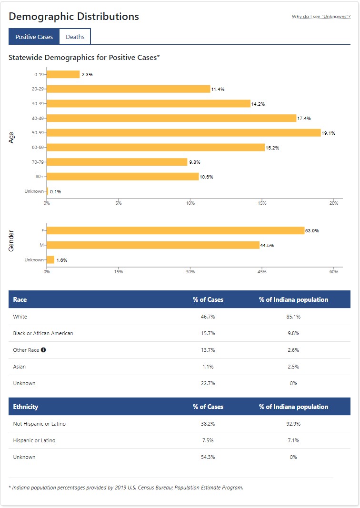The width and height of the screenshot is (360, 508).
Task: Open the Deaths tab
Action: [x=75, y=37]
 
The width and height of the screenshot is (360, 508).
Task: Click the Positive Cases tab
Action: [x=34, y=37]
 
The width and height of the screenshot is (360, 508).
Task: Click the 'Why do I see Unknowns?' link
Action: [x=321, y=17]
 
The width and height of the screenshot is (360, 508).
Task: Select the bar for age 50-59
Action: [x=183, y=133]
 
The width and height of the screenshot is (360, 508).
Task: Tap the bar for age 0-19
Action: [x=63, y=75]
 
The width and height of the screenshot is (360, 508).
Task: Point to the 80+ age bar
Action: [x=122, y=177]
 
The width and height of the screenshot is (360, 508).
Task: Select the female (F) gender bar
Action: [x=175, y=230]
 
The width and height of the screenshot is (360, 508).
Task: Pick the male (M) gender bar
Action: [x=153, y=245]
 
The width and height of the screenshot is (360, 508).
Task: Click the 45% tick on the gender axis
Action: [x=262, y=272]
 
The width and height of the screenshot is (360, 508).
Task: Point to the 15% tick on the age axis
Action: [x=262, y=203]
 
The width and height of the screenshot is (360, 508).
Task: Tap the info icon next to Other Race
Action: [x=43, y=350]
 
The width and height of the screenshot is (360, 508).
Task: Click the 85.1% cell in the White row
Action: [x=293, y=317]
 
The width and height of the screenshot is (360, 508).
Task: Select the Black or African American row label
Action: [x=43, y=333]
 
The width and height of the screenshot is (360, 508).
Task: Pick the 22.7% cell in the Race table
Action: [x=208, y=383]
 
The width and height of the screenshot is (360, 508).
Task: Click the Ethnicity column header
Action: [x=26, y=407]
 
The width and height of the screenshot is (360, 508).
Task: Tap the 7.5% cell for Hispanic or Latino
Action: [x=208, y=440]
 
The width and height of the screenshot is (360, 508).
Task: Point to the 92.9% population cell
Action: [x=293, y=424]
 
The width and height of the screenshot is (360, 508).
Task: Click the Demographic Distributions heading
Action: [x=74, y=17]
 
